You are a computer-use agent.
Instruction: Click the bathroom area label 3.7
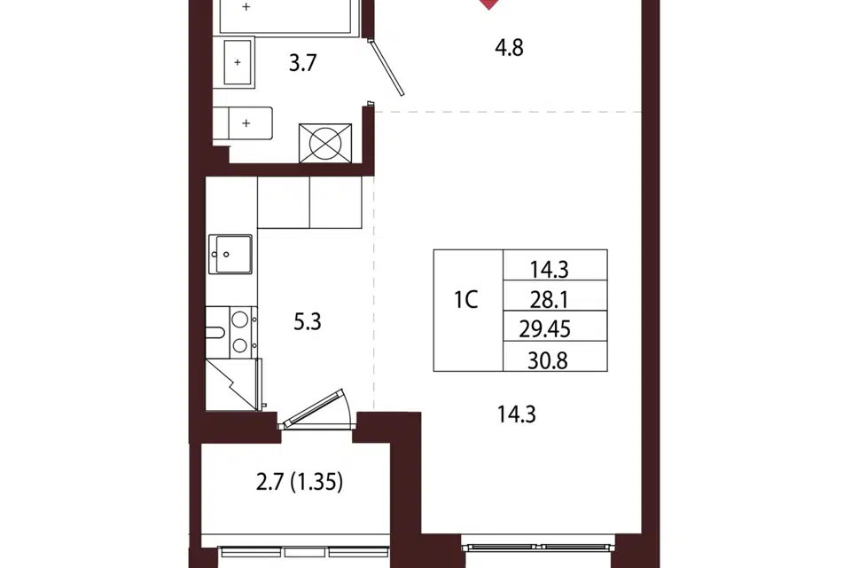point(302,63)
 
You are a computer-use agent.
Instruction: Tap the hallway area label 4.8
point(509,48)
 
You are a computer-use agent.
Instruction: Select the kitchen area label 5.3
point(308,322)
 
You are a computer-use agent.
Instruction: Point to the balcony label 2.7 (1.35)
point(299,482)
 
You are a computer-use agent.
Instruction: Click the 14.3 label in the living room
point(516,414)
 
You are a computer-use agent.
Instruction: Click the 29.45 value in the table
point(544,329)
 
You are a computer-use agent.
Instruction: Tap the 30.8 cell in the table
point(555,356)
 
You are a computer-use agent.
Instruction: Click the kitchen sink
point(230,254)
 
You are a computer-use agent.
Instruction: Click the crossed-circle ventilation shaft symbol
point(325,143)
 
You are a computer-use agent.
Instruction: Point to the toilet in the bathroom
point(242,123)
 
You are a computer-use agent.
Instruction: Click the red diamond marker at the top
point(489,4)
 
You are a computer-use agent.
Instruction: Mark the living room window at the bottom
point(538,547)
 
